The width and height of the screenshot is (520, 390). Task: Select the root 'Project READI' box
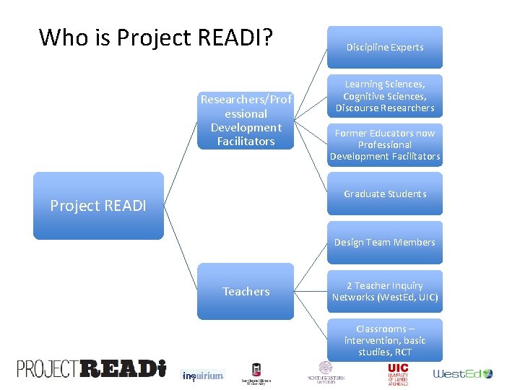[98, 206]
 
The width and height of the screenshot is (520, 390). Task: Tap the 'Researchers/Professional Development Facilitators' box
[246, 120]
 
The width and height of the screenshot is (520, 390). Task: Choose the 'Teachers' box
[246, 292]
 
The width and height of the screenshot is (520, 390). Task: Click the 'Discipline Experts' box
[384, 48]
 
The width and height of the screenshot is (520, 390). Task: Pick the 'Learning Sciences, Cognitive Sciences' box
[384, 96]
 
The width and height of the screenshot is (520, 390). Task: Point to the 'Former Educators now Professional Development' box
[384, 144]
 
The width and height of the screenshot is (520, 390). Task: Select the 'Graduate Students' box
[384, 194]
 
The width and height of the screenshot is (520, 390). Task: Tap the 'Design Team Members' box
[384, 243]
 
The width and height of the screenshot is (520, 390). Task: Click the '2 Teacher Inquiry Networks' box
[384, 292]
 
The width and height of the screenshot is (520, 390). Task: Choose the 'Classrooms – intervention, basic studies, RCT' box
[384, 340]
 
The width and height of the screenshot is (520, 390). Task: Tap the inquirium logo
[202, 376]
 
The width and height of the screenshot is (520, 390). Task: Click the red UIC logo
[398, 373]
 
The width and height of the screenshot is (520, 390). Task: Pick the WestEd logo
[462, 373]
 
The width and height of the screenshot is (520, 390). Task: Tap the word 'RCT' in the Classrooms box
[402, 352]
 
